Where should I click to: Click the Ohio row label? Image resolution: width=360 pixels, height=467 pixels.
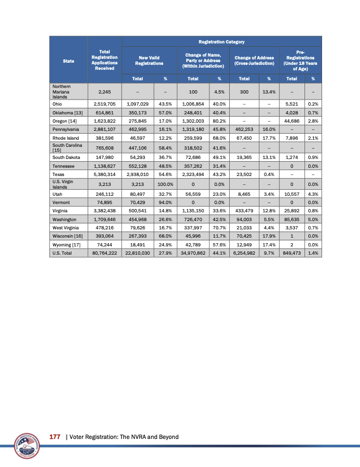click(x=57, y=103)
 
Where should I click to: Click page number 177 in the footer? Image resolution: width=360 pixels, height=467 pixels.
click(x=54, y=436)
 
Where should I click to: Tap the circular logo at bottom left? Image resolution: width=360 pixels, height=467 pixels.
click(x=23, y=443)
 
